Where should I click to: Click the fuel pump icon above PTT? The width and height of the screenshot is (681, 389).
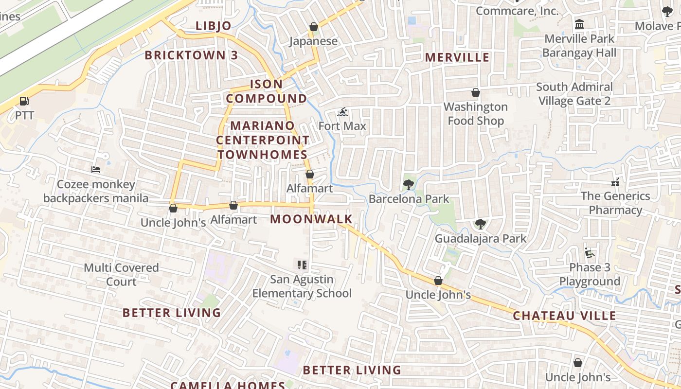(24, 101)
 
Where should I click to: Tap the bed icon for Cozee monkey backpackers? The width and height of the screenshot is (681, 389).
(96, 170)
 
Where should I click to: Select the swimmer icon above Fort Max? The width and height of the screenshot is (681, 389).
(342, 112)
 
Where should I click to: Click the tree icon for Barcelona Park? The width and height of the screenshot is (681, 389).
(408, 184)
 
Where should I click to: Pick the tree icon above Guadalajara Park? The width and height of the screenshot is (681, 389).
(480, 224)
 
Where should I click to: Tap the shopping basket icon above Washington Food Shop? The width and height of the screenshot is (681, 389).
(476, 92)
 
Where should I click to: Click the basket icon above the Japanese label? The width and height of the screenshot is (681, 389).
(314, 27)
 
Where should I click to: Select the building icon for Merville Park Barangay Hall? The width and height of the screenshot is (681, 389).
(579, 24)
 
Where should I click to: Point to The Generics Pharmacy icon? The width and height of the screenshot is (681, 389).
(615, 182)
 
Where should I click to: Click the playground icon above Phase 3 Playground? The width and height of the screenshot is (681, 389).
(590, 253)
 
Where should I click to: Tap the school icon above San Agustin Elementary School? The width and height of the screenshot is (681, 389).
(302, 265)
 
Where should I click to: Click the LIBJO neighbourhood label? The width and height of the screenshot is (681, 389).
(214, 26)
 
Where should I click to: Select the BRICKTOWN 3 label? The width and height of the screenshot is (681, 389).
(191, 55)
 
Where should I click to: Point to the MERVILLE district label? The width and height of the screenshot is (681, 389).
(457, 57)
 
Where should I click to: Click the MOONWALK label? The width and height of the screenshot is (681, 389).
(311, 219)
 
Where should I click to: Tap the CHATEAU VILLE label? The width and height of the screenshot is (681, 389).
(565, 316)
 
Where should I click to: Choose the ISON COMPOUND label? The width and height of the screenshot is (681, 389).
(267, 91)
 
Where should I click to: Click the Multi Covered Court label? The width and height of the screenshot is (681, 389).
(121, 275)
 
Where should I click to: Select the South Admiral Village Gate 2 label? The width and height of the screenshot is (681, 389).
(574, 94)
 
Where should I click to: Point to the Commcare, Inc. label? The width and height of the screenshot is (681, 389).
(517, 11)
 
